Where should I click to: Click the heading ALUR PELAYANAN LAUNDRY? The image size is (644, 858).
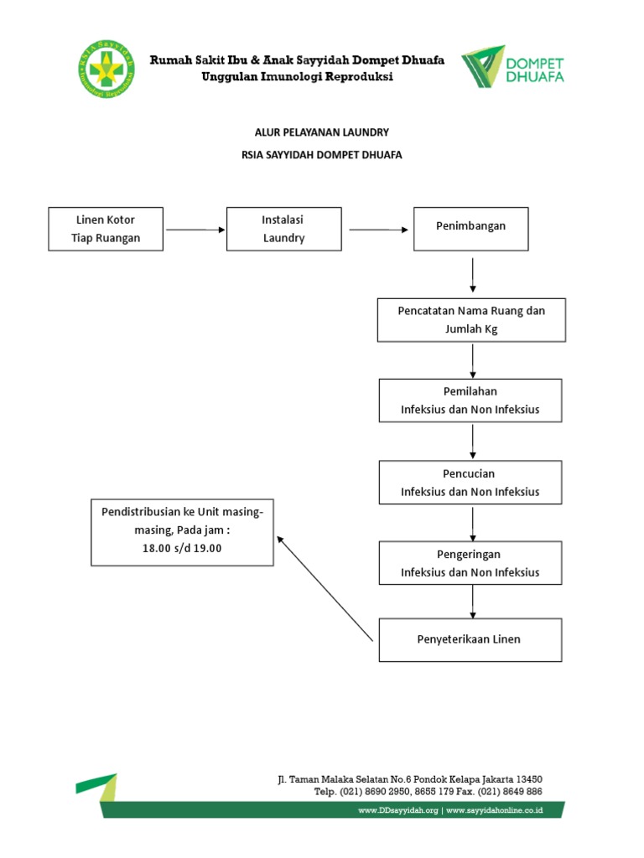point(322,132)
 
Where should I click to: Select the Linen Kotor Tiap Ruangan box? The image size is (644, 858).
point(106,229)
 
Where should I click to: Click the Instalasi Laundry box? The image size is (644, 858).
point(283,229)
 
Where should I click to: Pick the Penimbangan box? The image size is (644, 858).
point(470,228)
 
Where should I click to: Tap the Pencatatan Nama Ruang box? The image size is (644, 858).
point(470,319)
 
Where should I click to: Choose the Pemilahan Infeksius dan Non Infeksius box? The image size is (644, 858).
point(470,401)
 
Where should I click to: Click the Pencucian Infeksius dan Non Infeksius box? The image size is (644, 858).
point(470,483)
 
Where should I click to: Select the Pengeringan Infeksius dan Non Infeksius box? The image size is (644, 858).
point(470,563)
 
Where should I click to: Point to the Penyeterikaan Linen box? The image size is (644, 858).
point(470,639)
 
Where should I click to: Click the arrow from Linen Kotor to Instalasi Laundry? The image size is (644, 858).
point(196,230)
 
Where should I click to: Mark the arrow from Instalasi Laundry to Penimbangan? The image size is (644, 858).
point(377,230)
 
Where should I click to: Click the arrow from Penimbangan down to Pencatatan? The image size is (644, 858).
point(473,274)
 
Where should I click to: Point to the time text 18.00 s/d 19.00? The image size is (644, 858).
point(182,548)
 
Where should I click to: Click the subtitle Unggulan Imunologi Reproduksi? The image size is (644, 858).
point(297,77)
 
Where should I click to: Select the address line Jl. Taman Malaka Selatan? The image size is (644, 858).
point(410,779)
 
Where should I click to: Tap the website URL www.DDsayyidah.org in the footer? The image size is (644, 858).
point(398,811)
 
